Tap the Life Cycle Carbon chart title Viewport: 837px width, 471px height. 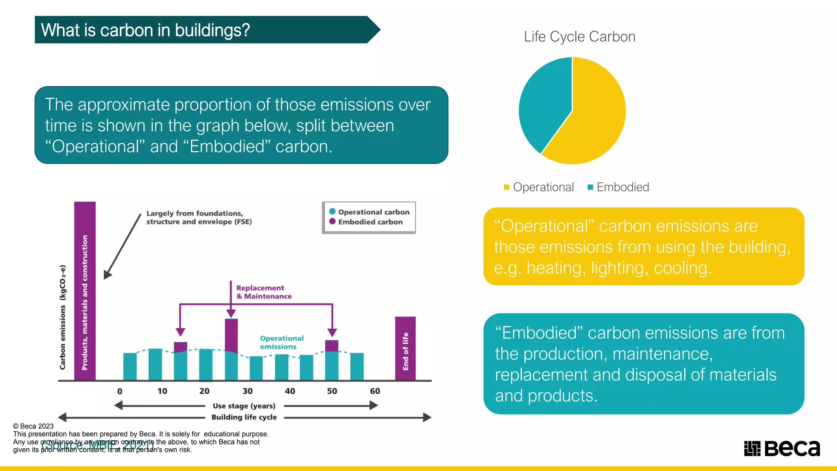[579, 37]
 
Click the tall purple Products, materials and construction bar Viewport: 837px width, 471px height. [85, 290]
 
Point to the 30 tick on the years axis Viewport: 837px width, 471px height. [247, 391]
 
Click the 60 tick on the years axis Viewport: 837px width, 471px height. [375, 391]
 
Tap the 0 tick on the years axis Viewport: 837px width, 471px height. [120, 391]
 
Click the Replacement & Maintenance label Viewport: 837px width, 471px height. [264, 292]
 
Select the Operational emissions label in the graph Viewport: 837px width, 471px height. [282, 342]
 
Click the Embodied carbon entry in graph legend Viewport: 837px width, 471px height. [369, 222]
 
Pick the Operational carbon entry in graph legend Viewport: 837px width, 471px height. [373, 212]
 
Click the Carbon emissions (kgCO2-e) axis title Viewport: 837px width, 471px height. [63, 317]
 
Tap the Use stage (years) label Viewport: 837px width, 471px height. [244, 406]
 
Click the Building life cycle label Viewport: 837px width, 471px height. [244, 417]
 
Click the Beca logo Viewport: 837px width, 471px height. [781, 449]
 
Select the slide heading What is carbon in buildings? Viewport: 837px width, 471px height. [145, 30]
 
